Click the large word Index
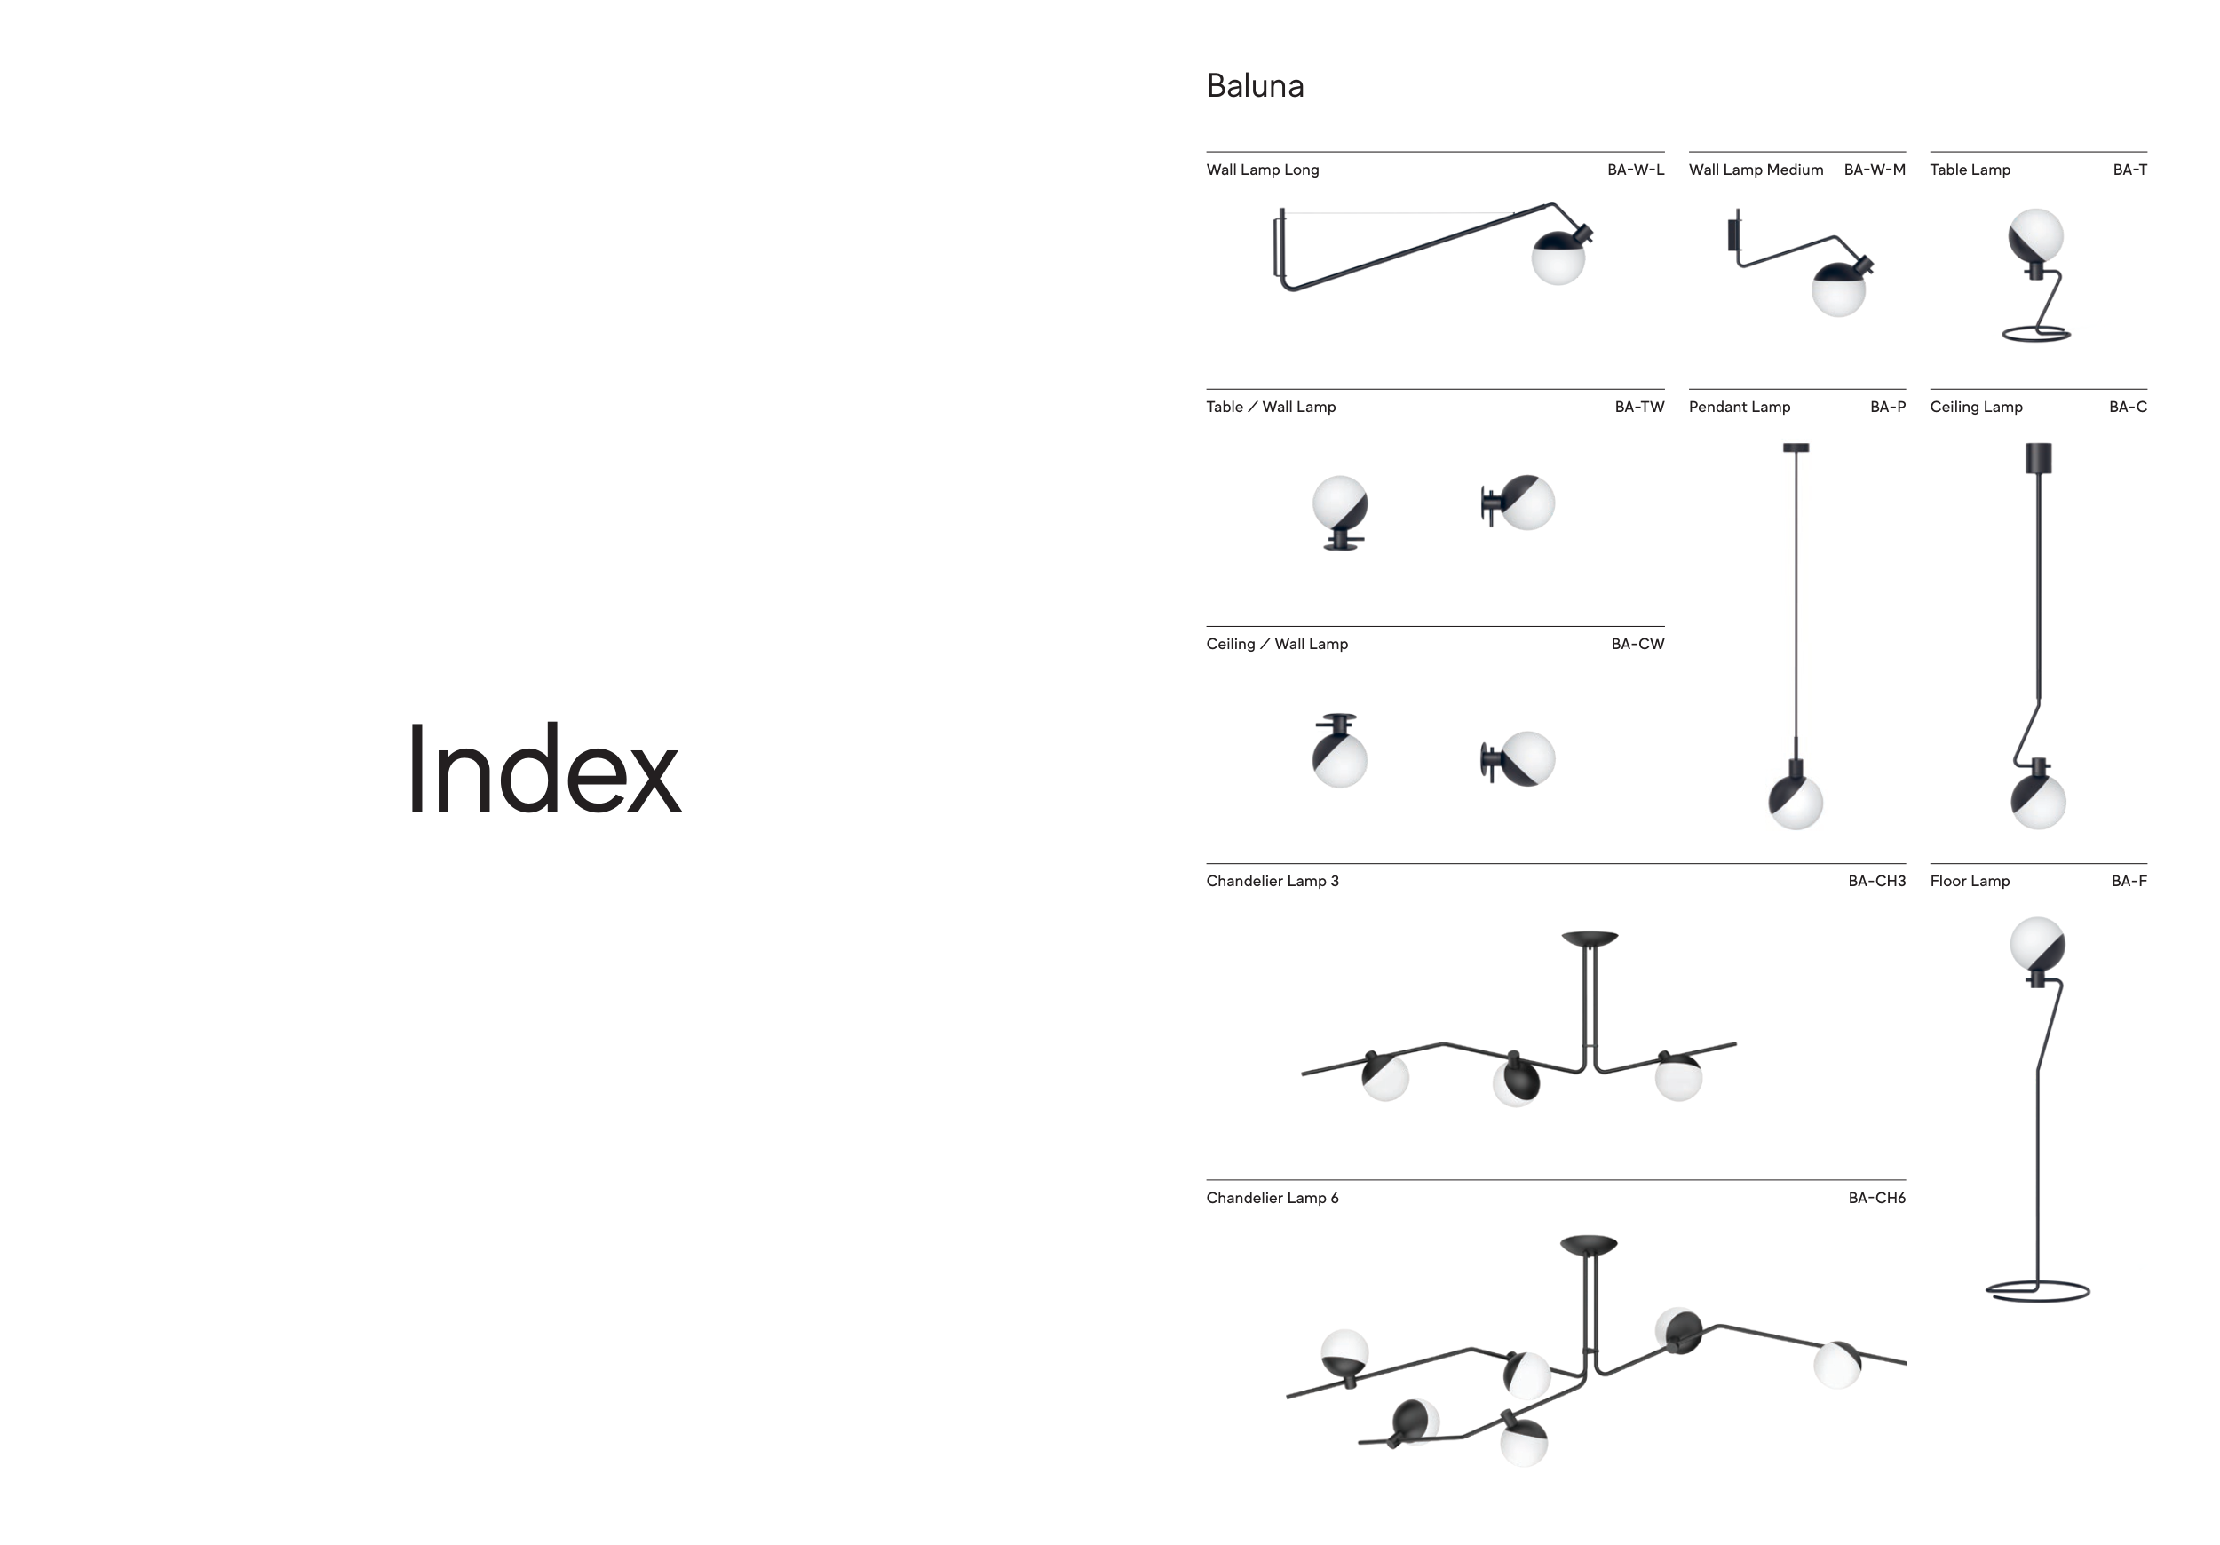point(543,771)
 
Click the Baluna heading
point(1255,86)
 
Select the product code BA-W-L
point(1635,170)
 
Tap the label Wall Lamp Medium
point(1756,170)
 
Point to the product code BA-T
point(2129,170)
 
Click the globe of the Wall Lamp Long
point(1558,258)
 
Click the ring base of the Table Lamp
point(2035,335)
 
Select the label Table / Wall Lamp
point(1271,407)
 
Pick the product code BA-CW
point(1637,644)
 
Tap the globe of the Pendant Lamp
point(1796,802)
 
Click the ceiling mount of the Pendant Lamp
point(1796,448)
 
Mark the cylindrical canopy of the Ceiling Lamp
point(2038,458)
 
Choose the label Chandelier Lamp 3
point(1273,881)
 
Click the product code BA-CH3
point(1875,881)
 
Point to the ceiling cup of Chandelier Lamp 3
point(1590,938)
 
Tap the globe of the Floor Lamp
point(2037,945)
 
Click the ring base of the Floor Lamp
point(2037,1292)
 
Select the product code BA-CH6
point(1875,1198)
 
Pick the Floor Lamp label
point(1970,881)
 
